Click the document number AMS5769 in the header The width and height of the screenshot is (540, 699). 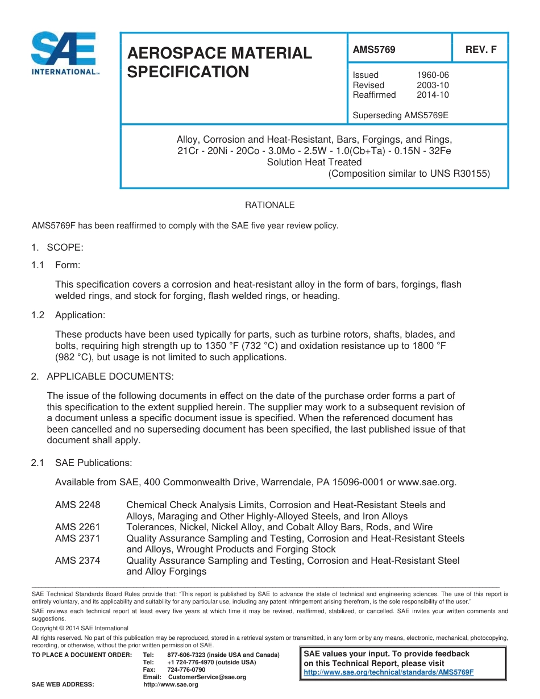(x=374, y=49)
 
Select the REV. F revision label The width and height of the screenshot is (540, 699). (x=481, y=49)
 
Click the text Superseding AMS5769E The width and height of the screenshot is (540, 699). (x=401, y=115)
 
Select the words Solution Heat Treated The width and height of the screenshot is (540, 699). (x=314, y=162)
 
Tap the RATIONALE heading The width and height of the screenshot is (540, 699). (x=270, y=205)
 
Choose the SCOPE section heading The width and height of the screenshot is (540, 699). (x=65, y=247)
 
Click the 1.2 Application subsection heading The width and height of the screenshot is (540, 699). (x=80, y=315)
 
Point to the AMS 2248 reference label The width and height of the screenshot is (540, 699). (x=78, y=505)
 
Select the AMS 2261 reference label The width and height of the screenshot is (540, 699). (x=78, y=527)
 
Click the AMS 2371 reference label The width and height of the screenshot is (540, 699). (x=78, y=538)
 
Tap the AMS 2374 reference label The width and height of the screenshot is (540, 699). (x=78, y=561)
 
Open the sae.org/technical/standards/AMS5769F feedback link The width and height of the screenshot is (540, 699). (x=389, y=672)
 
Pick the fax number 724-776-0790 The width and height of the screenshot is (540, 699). (x=186, y=670)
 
